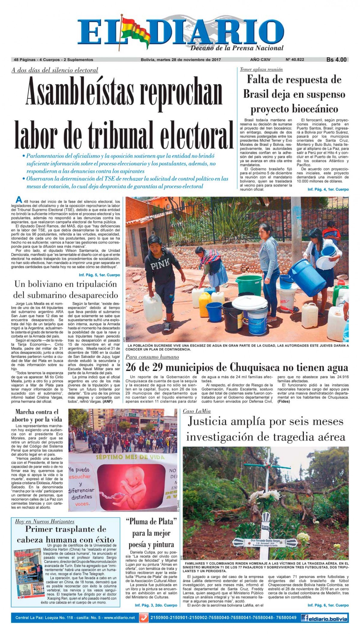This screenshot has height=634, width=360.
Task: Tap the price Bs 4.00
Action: (336, 60)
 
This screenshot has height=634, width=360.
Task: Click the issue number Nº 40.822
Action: (295, 60)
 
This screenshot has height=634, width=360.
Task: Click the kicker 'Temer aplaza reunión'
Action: (261, 69)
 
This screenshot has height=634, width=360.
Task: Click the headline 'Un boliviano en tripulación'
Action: (66, 284)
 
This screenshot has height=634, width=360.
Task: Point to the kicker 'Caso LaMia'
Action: (196, 411)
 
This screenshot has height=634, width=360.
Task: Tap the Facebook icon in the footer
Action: (305, 618)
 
